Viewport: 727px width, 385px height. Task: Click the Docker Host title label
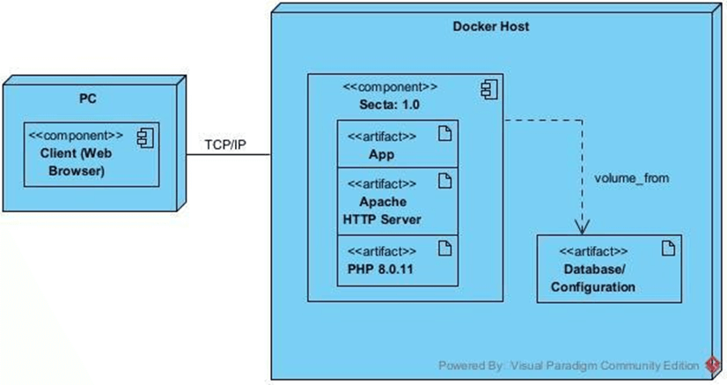click(x=490, y=26)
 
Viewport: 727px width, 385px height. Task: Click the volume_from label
click(x=632, y=178)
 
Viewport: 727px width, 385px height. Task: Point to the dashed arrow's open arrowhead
click(x=582, y=225)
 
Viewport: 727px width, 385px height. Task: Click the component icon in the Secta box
click(x=487, y=87)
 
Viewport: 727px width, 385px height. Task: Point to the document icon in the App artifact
click(x=444, y=134)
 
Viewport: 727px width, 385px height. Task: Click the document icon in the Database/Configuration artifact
click(x=667, y=249)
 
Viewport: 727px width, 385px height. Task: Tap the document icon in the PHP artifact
click(x=444, y=249)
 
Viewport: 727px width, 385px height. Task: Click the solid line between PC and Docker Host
click(x=227, y=156)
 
